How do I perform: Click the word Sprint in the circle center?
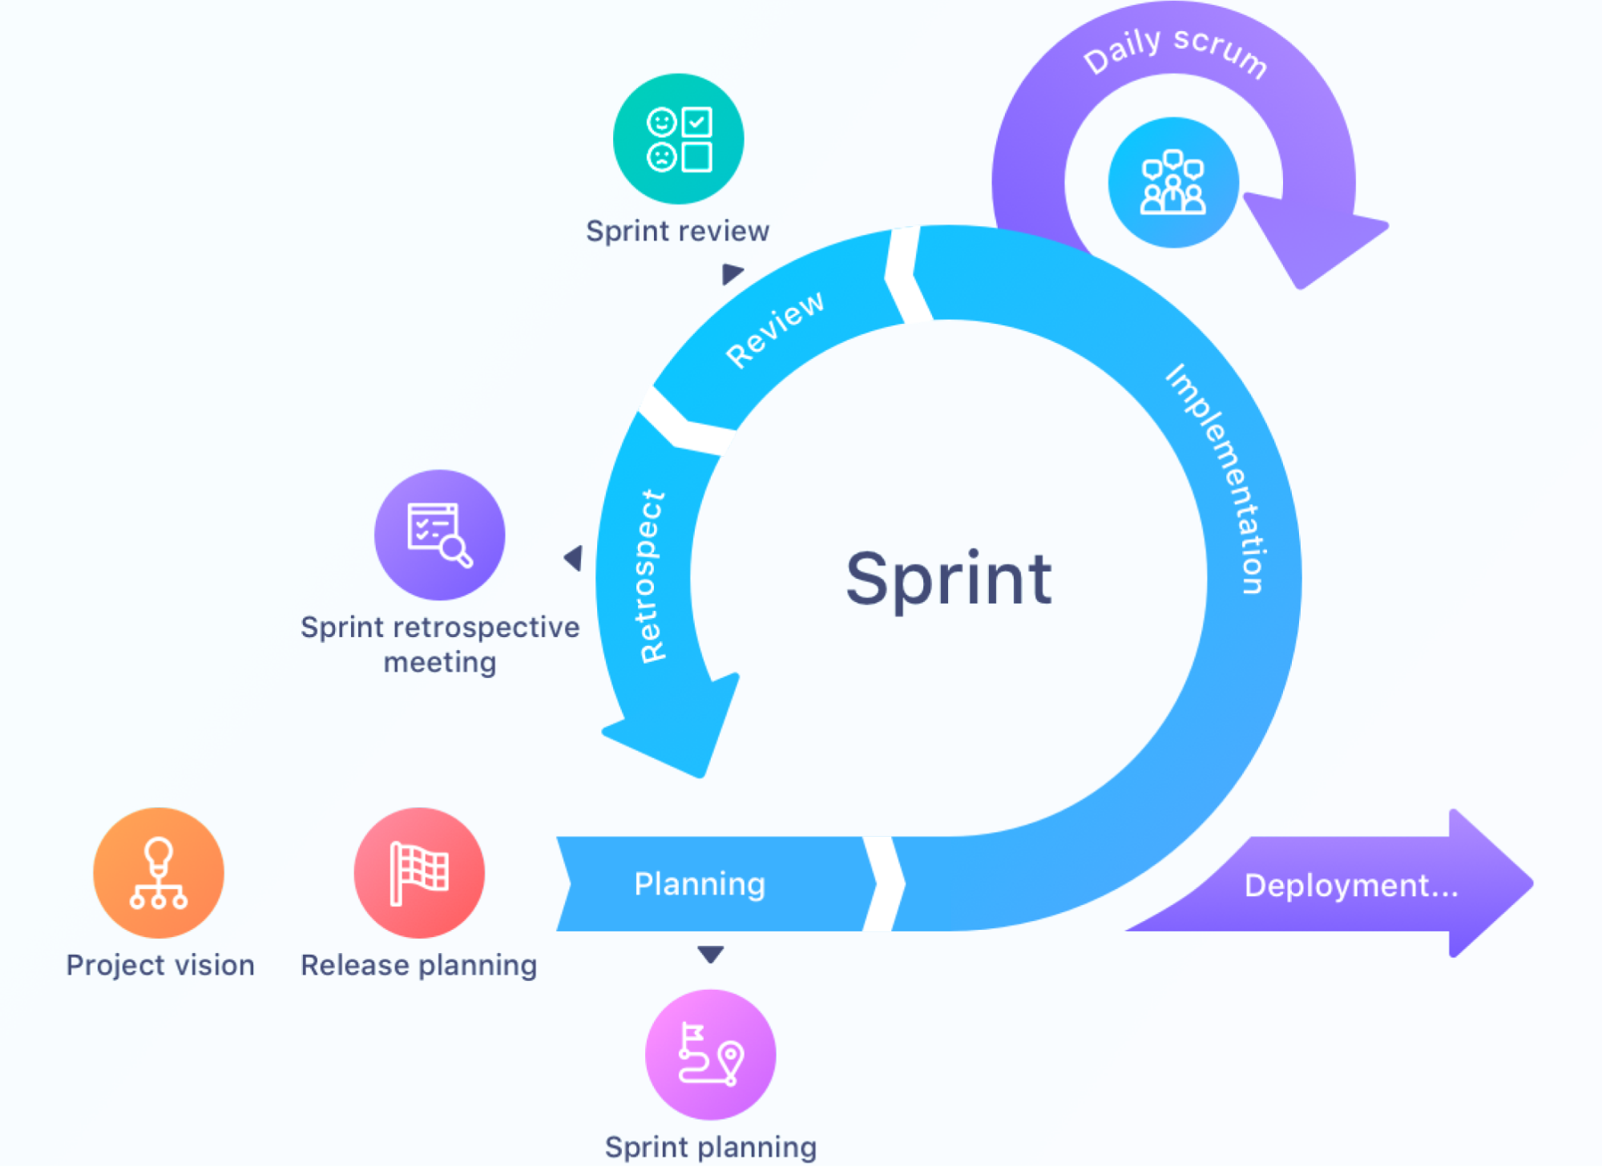coord(948,579)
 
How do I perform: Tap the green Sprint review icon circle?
coord(678,139)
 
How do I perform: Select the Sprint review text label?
coord(677,232)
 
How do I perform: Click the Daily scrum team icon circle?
coord(1172,183)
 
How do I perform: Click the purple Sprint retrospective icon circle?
coord(440,535)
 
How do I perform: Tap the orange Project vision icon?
coord(159,873)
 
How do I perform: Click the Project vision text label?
coord(159,965)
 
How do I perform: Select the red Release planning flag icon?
coord(419,873)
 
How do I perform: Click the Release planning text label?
coord(418,965)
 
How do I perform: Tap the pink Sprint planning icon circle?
coord(710,1054)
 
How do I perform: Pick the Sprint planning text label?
coord(710,1147)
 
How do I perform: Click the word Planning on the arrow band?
coord(700,884)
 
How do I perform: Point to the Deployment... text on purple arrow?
coord(1351,886)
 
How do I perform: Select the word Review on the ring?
coord(774,329)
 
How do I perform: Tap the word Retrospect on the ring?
coord(652,576)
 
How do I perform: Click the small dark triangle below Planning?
coord(710,954)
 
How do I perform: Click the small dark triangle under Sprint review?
coord(731,273)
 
